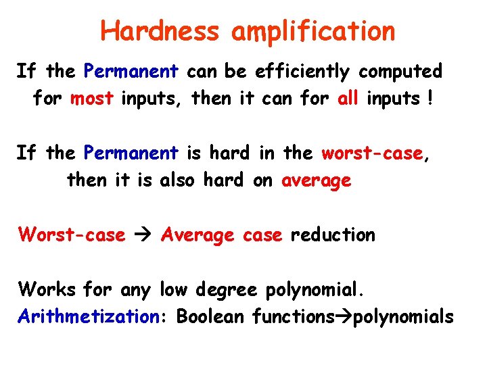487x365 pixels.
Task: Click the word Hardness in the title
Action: pyautogui.click(x=160, y=30)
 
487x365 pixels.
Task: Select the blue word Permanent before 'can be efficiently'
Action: pyautogui.click(x=131, y=71)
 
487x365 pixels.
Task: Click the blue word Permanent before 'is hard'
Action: pyautogui.click(x=131, y=153)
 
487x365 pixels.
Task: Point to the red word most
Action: pyautogui.click(x=91, y=99)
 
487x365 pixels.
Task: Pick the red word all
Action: pyautogui.click(x=348, y=99)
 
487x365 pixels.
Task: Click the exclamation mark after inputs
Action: pyautogui.click(x=429, y=99)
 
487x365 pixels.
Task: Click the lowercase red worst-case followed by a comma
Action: pyautogui.click(x=373, y=153)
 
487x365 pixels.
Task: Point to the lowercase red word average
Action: pyautogui.click(x=317, y=180)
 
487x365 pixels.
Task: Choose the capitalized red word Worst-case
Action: pyautogui.click(x=72, y=235)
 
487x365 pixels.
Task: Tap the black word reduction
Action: pyautogui.click(x=332, y=235)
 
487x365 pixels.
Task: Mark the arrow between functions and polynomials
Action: pyautogui.click(x=339, y=316)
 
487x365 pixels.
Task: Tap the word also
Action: pyautogui.click(x=182, y=180)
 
